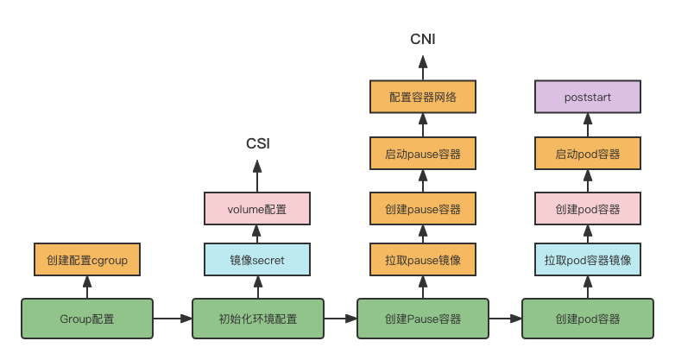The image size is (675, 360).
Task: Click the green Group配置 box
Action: (87, 319)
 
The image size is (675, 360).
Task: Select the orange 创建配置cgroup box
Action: (87, 260)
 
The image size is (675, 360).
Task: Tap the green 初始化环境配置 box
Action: (258, 319)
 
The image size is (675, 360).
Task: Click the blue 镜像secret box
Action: (257, 260)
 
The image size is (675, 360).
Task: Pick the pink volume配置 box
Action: (257, 209)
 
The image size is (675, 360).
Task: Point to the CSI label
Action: (258, 143)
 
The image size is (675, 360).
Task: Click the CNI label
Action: (423, 39)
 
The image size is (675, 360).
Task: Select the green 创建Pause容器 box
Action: (423, 319)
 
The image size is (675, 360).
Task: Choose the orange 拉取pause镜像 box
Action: (423, 260)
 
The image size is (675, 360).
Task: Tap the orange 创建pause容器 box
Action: (423, 209)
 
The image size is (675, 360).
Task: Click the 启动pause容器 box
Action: (423, 154)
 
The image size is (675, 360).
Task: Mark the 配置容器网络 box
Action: (423, 97)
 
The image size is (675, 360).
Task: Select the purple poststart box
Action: (588, 97)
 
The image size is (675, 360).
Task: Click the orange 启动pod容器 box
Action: (588, 154)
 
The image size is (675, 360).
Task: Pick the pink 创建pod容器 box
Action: (588, 209)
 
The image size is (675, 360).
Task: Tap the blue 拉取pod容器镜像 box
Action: (588, 260)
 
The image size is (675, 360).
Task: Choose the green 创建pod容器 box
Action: (588, 319)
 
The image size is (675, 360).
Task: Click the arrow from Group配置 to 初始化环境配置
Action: (173, 319)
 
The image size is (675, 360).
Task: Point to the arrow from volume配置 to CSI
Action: (257, 176)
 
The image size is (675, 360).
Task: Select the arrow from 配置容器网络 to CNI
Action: (423, 68)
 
